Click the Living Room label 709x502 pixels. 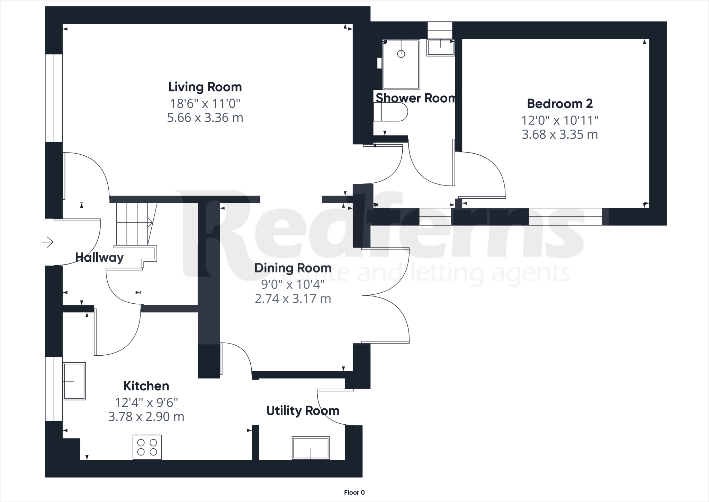tap(205, 87)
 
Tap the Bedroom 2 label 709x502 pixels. tap(560, 104)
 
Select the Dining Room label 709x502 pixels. tap(293, 268)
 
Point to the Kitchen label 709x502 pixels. tap(146, 386)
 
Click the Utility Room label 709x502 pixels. tap(303, 411)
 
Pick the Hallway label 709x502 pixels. tap(99, 258)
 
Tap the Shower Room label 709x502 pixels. tap(415, 98)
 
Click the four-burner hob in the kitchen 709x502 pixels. tap(147, 447)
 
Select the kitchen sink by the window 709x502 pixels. tap(74, 381)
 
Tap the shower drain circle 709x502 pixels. tap(401, 54)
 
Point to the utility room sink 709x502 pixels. tap(311, 448)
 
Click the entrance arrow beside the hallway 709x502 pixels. tap(48, 242)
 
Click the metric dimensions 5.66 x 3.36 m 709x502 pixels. tap(205, 118)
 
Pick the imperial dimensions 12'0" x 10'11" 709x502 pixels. tap(560, 121)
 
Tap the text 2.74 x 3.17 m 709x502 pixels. tap(293, 298)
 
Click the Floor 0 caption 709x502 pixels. tap(354, 493)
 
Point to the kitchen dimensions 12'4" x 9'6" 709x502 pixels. tap(146, 403)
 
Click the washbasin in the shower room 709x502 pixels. tap(441, 47)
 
